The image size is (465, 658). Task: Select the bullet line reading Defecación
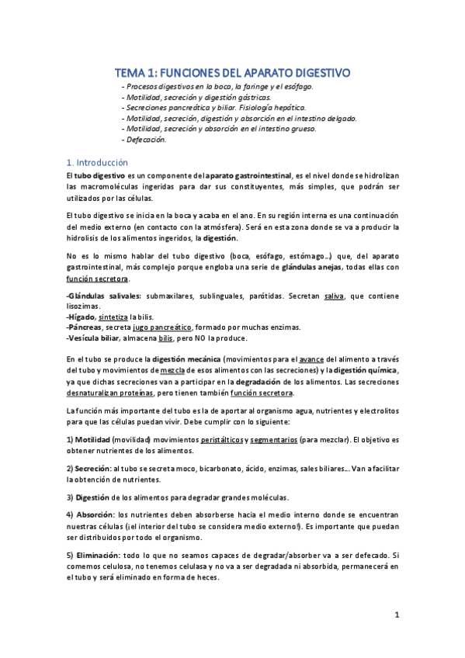[145, 140]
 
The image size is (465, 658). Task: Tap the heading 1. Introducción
[97, 163]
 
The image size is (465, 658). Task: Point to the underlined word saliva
[335, 296]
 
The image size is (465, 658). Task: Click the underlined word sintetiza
[113, 317]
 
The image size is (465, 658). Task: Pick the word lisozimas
[84, 307]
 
